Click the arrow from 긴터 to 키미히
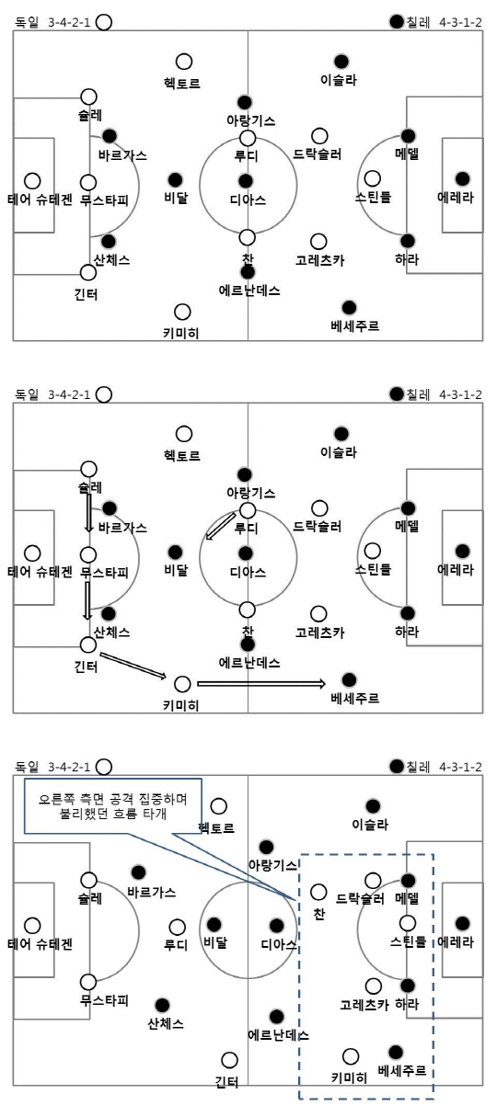tap(133, 666)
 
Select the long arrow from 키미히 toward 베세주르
tap(261, 684)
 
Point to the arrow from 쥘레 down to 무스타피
tap(89, 512)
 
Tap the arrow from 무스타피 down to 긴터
tap(87, 600)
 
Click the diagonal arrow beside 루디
tap(221, 526)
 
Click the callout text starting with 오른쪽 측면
tap(113, 807)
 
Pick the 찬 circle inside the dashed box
tap(318, 892)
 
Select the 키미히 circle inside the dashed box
tap(351, 1055)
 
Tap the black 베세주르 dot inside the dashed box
tap(396, 1052)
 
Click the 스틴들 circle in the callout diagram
tap(408, 922)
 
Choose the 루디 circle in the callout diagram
tap(177, 927)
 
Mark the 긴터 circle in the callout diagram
tap(229, 1060)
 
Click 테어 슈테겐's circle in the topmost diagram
tap(32, 181)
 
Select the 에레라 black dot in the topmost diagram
tap(463, 178)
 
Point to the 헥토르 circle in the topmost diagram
tap(184, 62)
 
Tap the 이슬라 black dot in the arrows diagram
tap(341, 433)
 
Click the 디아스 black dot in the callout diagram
tap(276, 926)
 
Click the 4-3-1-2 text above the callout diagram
tap(460, 767)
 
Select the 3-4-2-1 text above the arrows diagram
tap(69, 395)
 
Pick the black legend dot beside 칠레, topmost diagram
tap(396, 21)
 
